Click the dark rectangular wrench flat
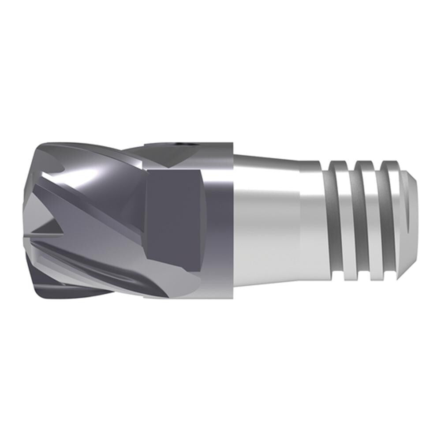coord(174,212)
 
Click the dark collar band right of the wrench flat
coord(218,220)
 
